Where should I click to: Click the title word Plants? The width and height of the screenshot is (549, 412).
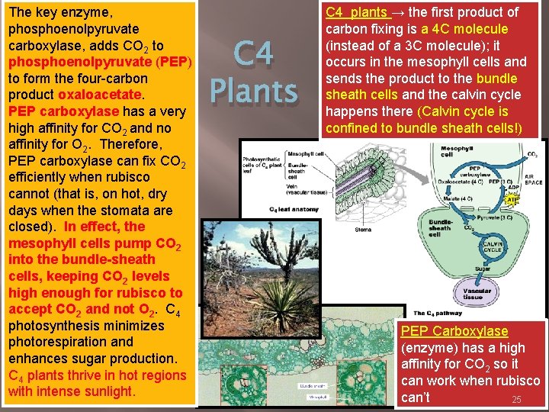[253, 90]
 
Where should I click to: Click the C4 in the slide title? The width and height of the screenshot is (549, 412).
[252, 55]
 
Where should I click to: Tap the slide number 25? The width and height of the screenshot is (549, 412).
[516, 400]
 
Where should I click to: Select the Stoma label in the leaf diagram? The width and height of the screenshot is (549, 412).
[363, 228]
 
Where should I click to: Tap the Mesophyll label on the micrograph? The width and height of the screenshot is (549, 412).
[317, 397]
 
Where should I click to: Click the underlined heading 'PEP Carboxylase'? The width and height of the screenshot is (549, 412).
[454, 331]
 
